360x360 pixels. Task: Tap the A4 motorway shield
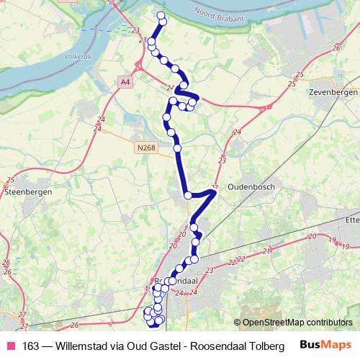click(x=126, y=83)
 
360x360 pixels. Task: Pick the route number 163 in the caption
click(x=31, y=346)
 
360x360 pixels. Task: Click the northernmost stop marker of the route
click(x=161, y=15)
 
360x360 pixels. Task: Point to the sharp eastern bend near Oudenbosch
click(x=214, y=191)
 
